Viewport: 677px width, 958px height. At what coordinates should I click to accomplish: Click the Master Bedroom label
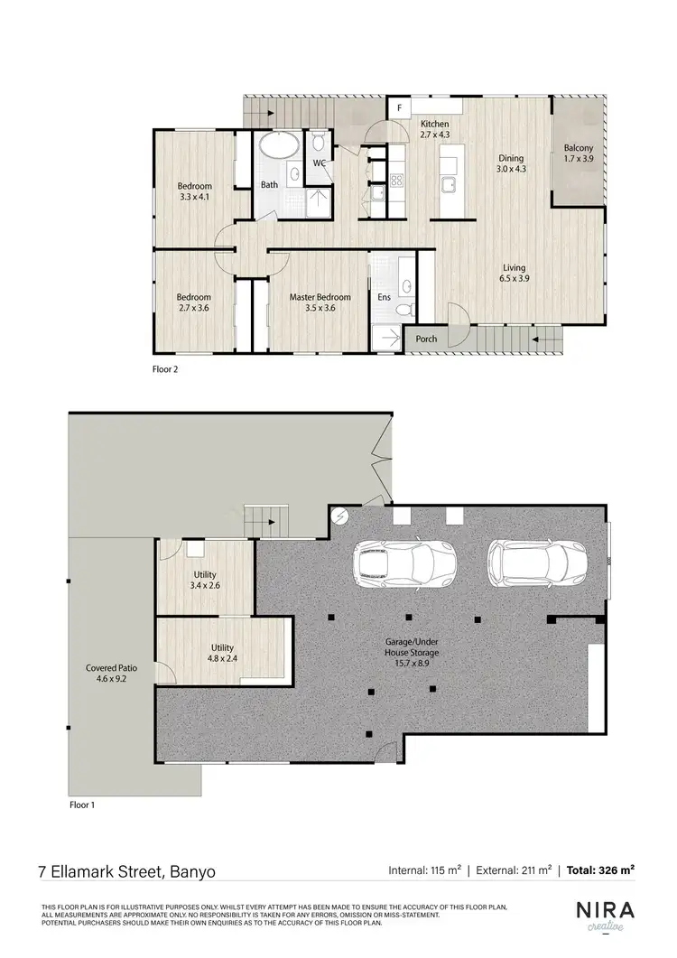(x=320, y=297)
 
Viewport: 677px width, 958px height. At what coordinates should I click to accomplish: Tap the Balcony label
(x=578, y=148)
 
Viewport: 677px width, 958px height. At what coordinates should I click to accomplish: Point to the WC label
(x=319, y=163)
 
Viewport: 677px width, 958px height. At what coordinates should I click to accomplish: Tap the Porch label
(x=426, y=339)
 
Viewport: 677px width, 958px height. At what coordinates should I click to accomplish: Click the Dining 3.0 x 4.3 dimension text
(x=511, y=169)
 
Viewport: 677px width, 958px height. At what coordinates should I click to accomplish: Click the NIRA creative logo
(x=607, y=915)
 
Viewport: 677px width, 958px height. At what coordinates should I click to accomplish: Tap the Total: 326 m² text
(x=600, y=871)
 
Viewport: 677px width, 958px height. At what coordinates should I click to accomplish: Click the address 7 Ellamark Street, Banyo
(x=126, y=872)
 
